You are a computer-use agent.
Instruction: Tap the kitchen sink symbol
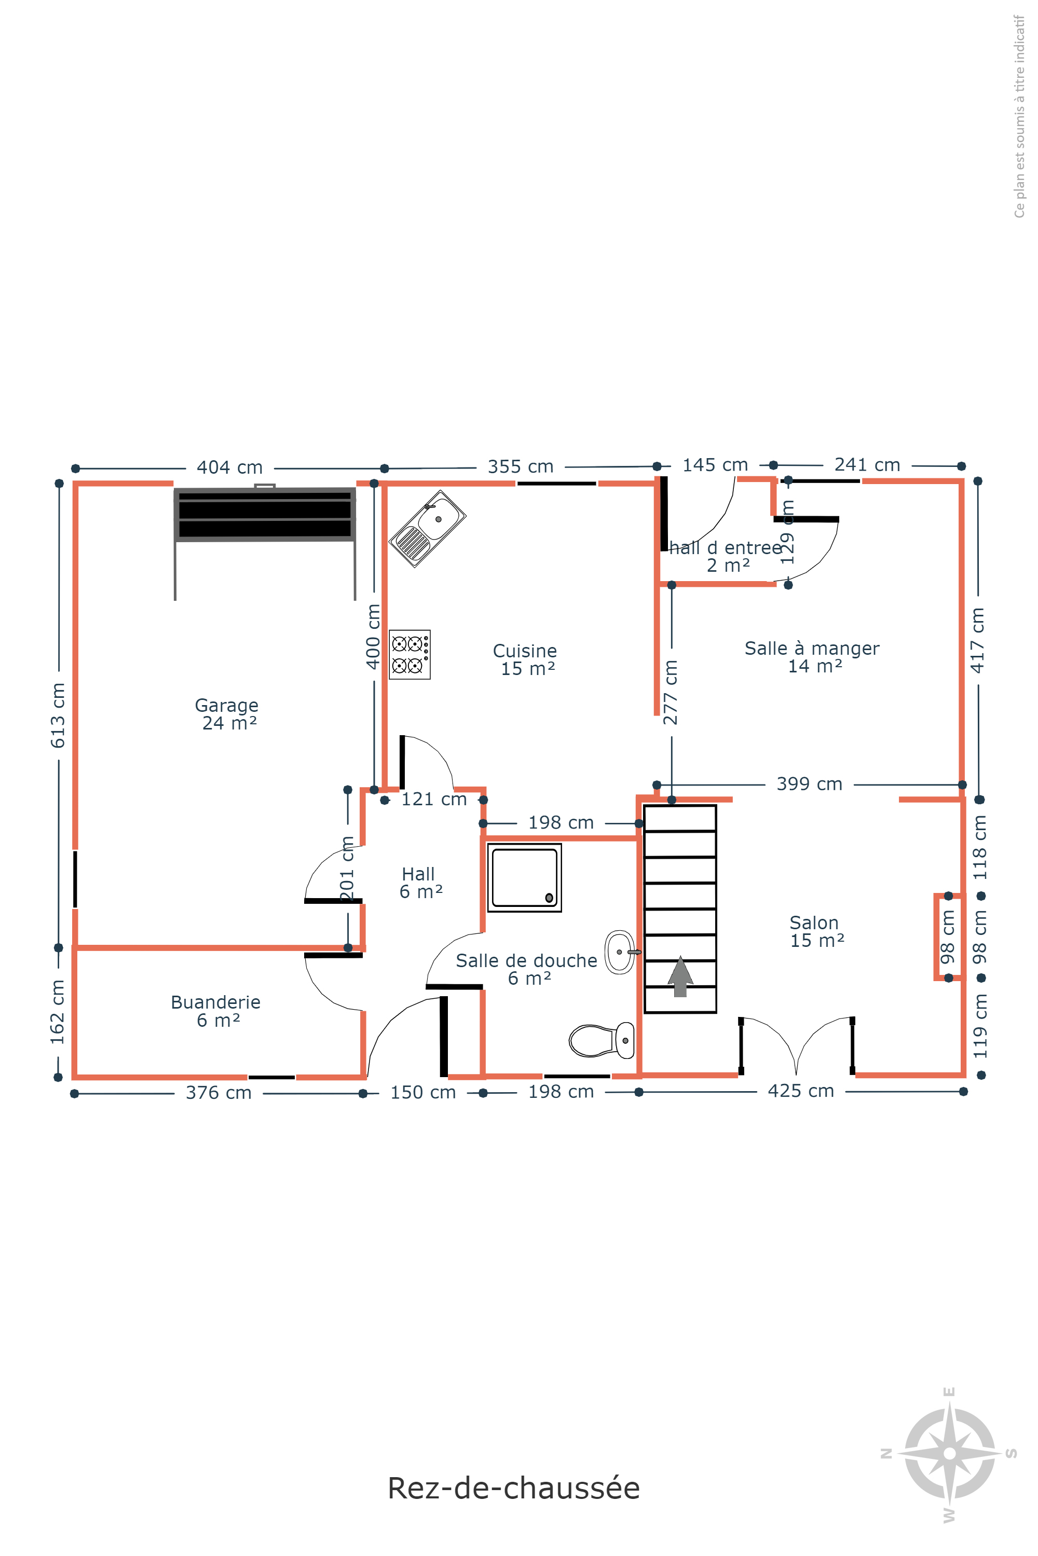coord(427,529)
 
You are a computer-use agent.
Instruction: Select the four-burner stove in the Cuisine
coord(410,655)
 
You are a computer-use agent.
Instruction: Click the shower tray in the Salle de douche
coord(524,877)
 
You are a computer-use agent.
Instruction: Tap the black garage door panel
coord(265,514)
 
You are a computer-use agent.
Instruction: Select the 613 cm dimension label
coord(58,715)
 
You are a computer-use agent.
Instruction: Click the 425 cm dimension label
coord(801,1091)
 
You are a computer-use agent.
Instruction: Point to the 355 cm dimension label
coord(521,466)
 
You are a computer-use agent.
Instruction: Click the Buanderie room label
coord(216,1011)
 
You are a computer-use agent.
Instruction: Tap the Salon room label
coord(817,931)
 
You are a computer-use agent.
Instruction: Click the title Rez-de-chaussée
coord(514,1488)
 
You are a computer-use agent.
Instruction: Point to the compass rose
coord(950,1453)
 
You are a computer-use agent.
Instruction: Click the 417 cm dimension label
coord(978,640)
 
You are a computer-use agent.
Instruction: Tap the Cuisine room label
coord(525,660)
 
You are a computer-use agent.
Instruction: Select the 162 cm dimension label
coord(58,1012)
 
